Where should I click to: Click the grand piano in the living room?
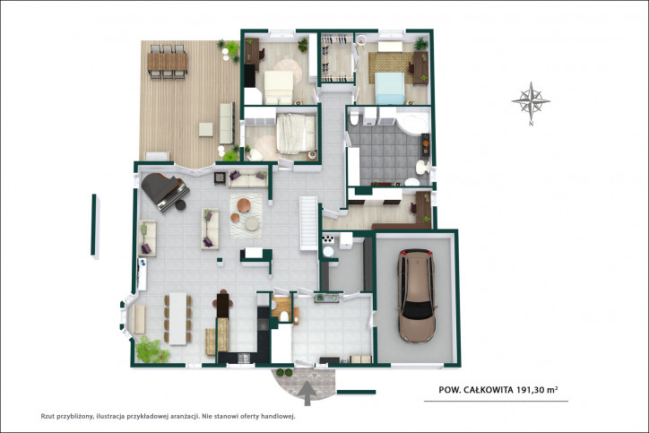[164, 191]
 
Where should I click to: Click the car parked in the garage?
[417, 296]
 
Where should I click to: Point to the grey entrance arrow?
[307, 394]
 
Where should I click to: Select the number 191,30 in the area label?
[531, 390]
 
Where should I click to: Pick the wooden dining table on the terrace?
[168, 62]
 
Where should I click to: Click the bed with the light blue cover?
[390, 88]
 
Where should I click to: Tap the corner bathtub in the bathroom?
[411, 122]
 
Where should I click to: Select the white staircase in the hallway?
[308, 223]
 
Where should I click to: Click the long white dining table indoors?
[178, 318]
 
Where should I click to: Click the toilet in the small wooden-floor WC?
[285, 316]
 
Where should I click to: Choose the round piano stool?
[180, 205]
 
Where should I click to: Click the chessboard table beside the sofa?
[220, 178]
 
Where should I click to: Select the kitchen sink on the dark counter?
[244, 358]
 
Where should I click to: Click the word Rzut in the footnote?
[48, 417]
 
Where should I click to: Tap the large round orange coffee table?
[244, 205]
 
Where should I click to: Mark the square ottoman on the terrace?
[205, 129]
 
